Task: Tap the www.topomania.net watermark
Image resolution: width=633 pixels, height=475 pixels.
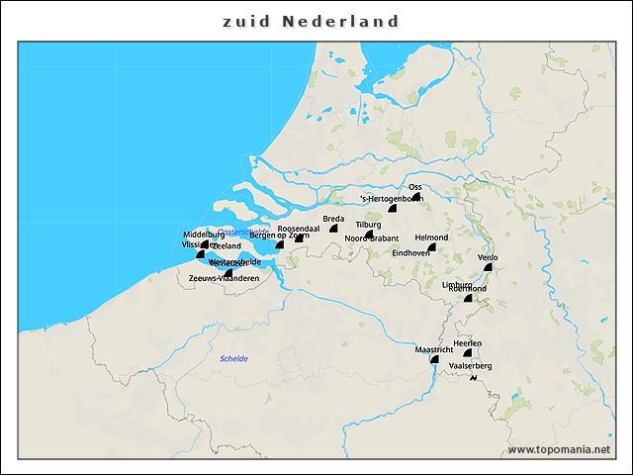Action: point(558,449)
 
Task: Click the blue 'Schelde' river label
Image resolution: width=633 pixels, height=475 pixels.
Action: point(234,358)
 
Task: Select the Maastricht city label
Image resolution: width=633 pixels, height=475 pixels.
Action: point(433,349)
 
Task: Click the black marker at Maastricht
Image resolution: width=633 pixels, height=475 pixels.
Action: point(433,359)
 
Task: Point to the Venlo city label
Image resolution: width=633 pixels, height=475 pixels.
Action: point(488,257)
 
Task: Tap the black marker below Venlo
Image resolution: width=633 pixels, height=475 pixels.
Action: point(488,267)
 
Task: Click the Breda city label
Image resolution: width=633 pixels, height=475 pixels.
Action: point(333,218)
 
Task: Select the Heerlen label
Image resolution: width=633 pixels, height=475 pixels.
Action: point(467,342)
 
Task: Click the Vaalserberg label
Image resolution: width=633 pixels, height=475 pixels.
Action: point(470,366)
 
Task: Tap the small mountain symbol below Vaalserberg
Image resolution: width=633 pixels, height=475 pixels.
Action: point(486,379)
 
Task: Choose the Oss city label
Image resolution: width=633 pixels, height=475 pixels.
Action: point(415,186)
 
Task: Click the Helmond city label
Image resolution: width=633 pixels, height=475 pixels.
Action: point(431,237)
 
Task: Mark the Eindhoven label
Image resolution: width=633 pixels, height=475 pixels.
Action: point(411,252)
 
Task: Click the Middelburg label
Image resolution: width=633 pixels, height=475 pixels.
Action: point(204,234)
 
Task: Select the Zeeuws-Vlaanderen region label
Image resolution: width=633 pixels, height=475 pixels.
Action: point(224,279)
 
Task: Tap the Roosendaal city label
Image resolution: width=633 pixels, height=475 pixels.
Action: point(298,228)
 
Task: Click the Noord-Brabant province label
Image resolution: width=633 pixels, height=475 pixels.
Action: point(372,238)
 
